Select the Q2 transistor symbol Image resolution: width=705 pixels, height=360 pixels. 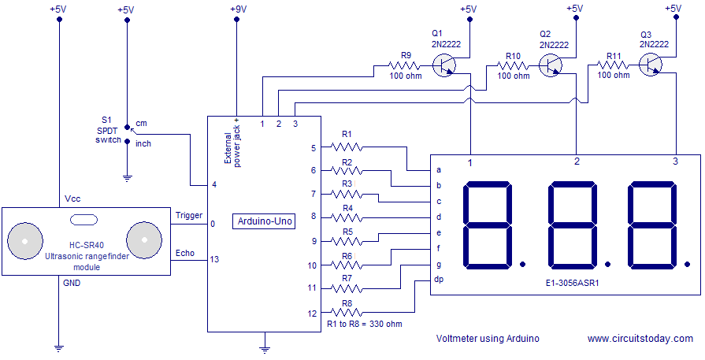[555, 65]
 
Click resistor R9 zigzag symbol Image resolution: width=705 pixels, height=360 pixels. [406, 65]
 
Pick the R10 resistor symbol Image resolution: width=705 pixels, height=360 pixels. [514, 65]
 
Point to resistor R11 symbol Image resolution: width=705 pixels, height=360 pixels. [614, 65]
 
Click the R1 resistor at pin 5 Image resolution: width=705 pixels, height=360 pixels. [347, 147]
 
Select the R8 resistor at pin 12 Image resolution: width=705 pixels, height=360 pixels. [347, 313]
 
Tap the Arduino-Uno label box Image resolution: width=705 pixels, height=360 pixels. [265, 221]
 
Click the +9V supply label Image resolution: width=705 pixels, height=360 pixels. [237, 9]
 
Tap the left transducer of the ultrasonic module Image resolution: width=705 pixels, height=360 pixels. [25, 238]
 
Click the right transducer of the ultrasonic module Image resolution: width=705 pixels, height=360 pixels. [145, 238]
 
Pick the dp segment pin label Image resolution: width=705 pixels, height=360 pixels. [439, 280]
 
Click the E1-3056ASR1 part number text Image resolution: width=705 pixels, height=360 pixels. [573, 281]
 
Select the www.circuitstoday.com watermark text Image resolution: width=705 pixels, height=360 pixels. [640, 338]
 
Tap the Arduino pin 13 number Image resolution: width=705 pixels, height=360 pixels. [214, 258]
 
